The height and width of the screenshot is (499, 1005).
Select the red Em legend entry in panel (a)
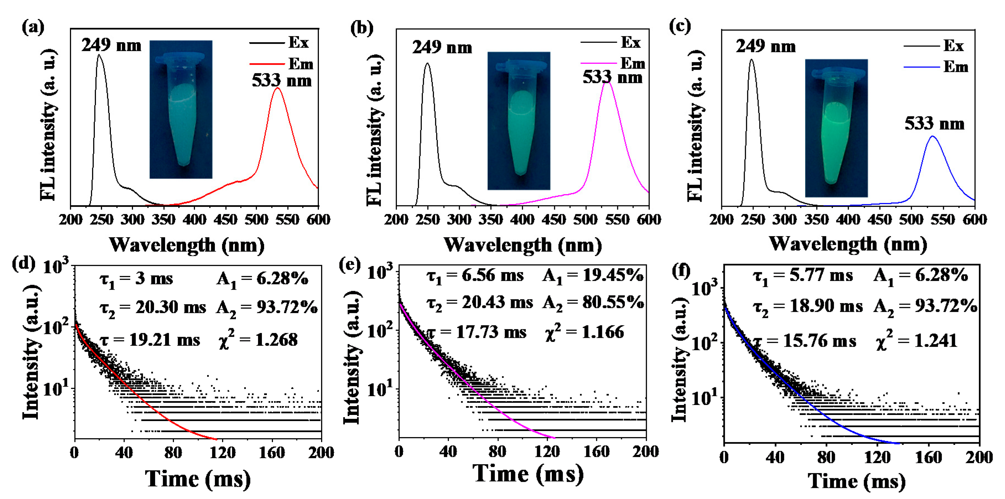point(281,64)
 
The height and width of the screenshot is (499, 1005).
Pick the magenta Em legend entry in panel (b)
point(613,63)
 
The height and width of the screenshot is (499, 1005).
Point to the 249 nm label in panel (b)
point(442,48)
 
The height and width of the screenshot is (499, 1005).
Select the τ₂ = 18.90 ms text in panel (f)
point(808,307)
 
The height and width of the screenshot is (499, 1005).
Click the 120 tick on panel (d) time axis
point(222,453)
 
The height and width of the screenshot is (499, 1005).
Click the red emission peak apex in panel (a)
point(277,88)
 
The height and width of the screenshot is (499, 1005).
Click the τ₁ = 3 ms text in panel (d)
point(136,279)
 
